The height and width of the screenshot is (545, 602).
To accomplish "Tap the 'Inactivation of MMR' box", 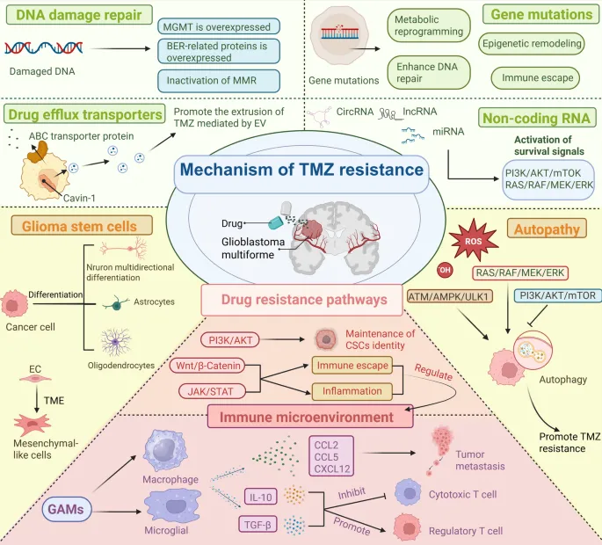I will click(x=219, y=81).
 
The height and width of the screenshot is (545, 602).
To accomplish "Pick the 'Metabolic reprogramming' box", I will click(x=428, y=25).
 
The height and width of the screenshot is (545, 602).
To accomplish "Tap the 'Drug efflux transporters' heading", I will click(x=84, y=114).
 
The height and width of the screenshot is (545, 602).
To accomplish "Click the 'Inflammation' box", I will click(x=350, y=390).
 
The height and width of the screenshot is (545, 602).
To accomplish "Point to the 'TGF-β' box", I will click(x=257, y=525).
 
